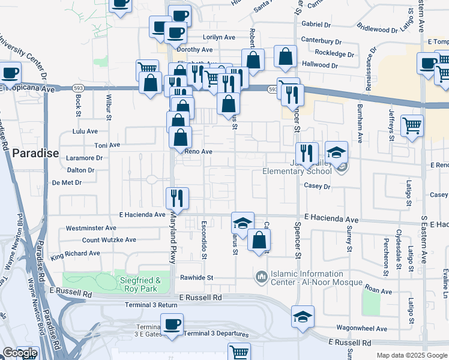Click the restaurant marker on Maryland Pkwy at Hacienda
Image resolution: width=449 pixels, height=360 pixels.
point(177,197)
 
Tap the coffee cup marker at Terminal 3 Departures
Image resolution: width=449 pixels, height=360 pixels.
point(172,325)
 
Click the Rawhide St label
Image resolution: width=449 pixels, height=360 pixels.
point(197,278)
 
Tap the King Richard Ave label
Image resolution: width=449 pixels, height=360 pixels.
point(76,254)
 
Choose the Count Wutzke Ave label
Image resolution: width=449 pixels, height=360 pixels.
point(109,240)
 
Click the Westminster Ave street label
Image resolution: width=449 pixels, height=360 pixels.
point(91,228)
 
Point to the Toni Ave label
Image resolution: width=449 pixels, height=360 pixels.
point(107,145)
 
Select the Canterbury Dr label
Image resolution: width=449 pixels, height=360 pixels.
point(321,42)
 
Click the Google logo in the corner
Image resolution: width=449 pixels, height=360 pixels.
point(19,353)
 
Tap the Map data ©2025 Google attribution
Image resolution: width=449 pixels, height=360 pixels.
point(411,355)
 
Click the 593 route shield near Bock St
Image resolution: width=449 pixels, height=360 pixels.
point(78,88)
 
